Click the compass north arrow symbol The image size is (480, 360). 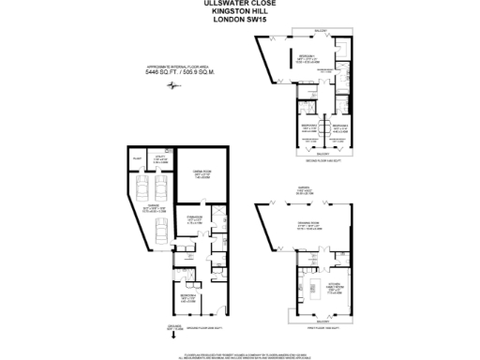coord(172,87)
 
